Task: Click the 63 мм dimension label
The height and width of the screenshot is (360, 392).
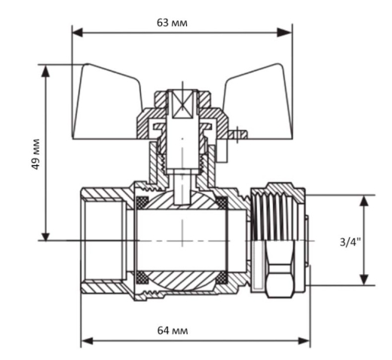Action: (172, 23)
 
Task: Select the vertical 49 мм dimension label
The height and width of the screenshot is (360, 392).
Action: (36, 154)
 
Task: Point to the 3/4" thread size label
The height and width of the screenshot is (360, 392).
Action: (350, 242)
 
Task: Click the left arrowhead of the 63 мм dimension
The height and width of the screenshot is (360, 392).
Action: (78, 32)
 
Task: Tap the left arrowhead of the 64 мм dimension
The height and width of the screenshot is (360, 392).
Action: (87, 341)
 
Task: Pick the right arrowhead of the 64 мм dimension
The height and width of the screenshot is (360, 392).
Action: (304, 341)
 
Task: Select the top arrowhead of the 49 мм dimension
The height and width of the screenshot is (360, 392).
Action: (45, 71)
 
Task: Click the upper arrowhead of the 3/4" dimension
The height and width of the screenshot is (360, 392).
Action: (364, 201)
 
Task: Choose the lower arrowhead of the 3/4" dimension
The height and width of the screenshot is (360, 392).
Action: (364, 280)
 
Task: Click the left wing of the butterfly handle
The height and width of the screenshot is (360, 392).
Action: (108, 103)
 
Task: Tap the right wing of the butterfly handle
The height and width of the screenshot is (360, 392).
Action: (259, 103)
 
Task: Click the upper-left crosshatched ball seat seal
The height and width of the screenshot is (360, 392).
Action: (142, 202)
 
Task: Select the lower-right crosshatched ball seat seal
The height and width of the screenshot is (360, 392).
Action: (222, 278)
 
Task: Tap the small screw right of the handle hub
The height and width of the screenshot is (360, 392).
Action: (237, 135)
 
